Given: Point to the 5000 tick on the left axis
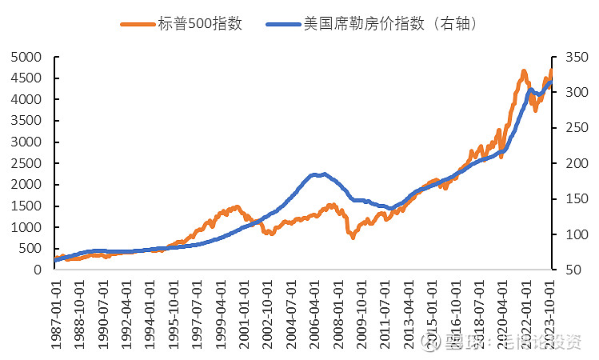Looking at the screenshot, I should click(x=26, y=58).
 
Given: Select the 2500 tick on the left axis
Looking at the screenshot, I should click(x=26, y=163).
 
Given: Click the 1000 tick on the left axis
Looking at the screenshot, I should click(x=26, y=227).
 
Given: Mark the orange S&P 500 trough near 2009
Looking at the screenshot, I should click(x=352, y=237).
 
